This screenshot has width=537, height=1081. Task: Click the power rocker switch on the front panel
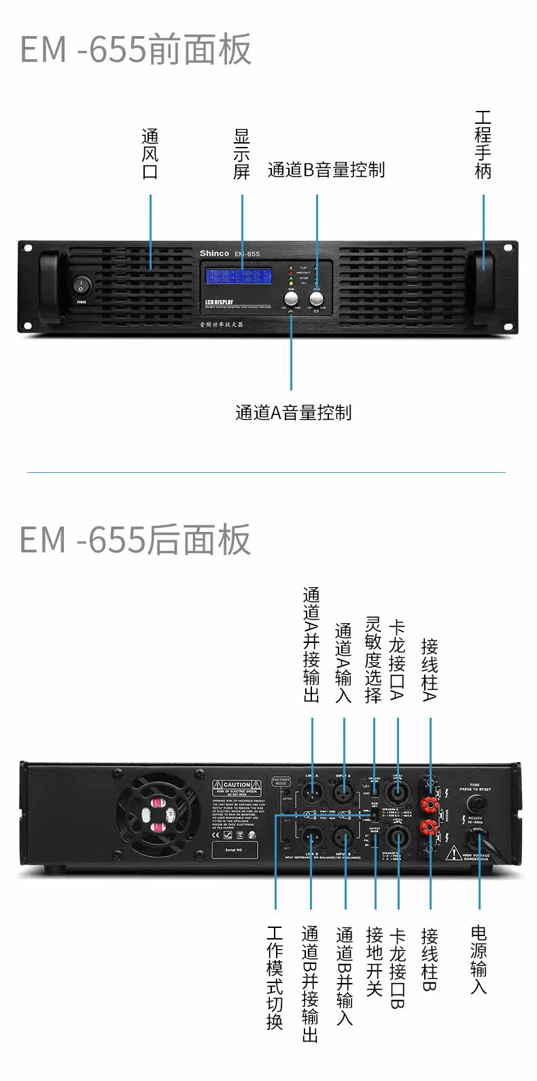click(x=81, y=285)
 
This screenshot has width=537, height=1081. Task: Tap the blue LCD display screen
click(x=239, y=276)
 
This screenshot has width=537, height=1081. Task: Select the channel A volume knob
click(x=291, y=299)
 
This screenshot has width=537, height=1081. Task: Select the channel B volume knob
click(x=316, y=298)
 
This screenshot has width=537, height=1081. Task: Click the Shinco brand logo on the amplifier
click(x=214, y=253)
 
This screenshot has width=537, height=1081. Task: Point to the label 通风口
click(x=150, y=154)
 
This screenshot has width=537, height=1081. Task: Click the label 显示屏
click(x=242, y=154)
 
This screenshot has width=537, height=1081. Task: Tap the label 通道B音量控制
click(x=326, y=170)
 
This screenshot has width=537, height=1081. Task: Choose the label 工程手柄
click(x=483, y=144)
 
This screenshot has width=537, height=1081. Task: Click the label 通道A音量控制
click(x=293, y=412)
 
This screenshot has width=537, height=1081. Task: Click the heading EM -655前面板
click(x=136, y=49)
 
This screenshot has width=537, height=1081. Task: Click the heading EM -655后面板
click(x=136, y=539)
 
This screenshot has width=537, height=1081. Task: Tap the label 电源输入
click(x=479, y=959)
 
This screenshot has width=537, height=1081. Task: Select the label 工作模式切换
click(x=275, y=978)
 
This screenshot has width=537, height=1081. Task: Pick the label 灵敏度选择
click(x=373, y=660)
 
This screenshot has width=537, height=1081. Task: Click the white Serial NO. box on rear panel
click(x=235, y=850)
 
